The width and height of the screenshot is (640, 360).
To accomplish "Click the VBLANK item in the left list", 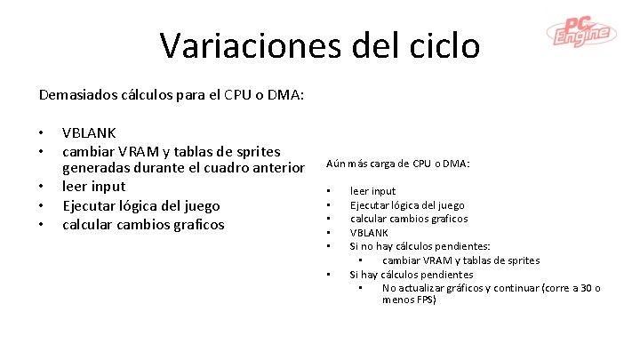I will coord(89,133).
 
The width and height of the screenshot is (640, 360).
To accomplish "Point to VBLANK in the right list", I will coord(369,232).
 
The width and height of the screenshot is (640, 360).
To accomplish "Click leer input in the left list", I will coord(94,187).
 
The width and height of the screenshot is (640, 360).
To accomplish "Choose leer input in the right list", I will coord(373,191).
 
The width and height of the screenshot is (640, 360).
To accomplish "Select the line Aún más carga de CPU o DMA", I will coord(398,164).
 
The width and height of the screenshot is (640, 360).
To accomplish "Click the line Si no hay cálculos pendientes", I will coord(420,246).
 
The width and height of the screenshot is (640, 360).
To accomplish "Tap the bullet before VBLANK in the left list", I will coord(42,133).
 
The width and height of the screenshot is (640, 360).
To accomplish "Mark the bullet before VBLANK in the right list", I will coord(329,233).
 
